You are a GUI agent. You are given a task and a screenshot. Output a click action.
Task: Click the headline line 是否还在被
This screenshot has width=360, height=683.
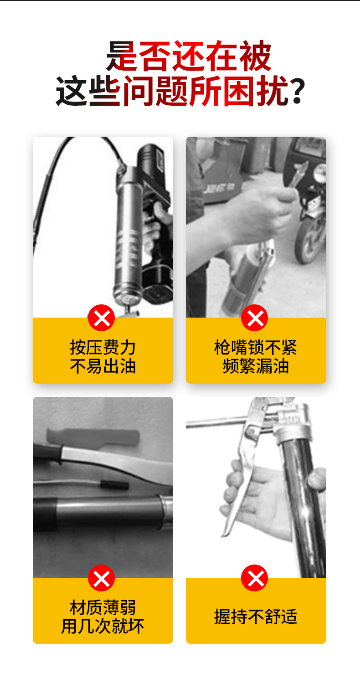pyautogui.click(x=189, y=56)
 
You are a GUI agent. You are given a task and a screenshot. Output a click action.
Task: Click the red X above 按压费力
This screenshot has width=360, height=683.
pyautogui.click(x=102, y=318)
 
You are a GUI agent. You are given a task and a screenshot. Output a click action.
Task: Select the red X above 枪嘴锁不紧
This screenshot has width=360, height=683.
pyautogui.click(x=255, y=318)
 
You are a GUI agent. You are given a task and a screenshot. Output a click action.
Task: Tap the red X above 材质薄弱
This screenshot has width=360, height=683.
pyautogui.click(x=102, y=578)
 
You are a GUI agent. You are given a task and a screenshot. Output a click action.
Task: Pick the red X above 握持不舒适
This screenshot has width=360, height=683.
pyautogui.click(x=255, y=578)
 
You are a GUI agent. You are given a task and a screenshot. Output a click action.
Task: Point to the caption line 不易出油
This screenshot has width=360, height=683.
pyautogui.click(x=103, y=366)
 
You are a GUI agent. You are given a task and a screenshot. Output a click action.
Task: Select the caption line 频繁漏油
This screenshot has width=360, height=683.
pyautogui.click(x=256, y=366)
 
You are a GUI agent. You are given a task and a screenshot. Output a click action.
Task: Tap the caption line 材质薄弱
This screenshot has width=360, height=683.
pyautogui.click(x=103, y=607)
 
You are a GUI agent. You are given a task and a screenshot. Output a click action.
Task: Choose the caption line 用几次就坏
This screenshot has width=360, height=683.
pyautogui.click(x=103, y=627)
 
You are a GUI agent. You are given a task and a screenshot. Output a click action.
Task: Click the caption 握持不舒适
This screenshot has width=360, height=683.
pyautogui.click(x=256, y=616)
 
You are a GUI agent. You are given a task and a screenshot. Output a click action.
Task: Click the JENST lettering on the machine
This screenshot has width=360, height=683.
pyautogui.click(x=220, y=188)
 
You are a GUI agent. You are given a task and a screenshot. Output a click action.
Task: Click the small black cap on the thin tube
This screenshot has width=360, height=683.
pyautogui.click(x=115, y=484)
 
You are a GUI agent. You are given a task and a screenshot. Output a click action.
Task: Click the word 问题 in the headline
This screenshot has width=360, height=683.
pyautogui.click(x=155, y=91)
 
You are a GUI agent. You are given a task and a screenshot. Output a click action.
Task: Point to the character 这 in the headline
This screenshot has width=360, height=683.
pyautogui.click(x=72, y=91)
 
